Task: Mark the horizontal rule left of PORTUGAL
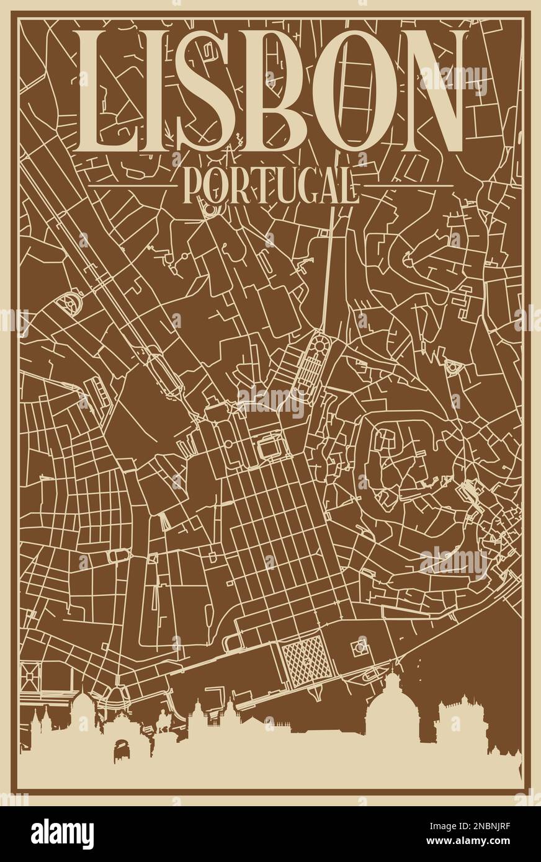tap(131, 185)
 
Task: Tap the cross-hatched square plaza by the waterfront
tap(302, 659)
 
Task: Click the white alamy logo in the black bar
tap(62, 834)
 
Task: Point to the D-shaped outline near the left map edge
tap(69, 304)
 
